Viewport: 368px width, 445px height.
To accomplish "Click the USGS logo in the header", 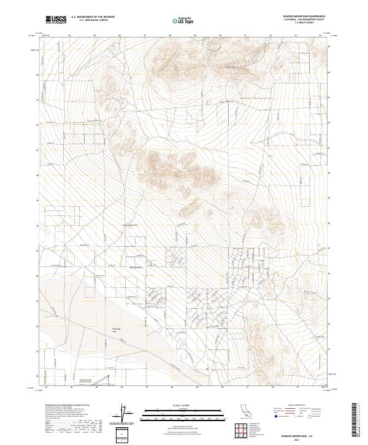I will (55, 20).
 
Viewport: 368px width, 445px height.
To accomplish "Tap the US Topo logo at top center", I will (178, 20).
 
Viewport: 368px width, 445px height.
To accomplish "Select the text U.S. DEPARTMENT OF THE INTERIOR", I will (93, 17).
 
